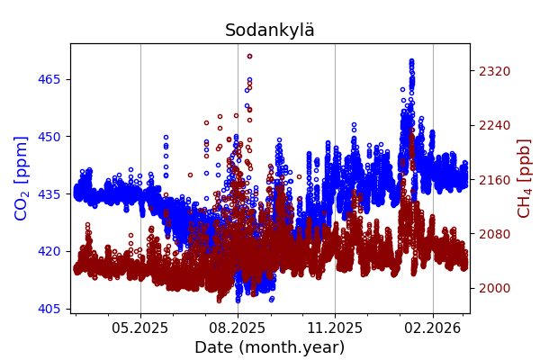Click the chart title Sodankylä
(x=270, y=31)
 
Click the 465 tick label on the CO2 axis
(x=49, y=79)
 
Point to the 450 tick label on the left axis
(x=49, y=137)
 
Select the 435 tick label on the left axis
(x=49, y=193)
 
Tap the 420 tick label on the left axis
(x=49, y=251)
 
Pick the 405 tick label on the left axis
(x=49, y=309)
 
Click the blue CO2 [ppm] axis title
(x=22, y=177)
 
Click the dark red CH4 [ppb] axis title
(x=524, y=177)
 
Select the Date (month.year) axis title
(x=270, y=347)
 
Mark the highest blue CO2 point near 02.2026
(x=411, y=61)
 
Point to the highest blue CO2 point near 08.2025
(x=249, y=80)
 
